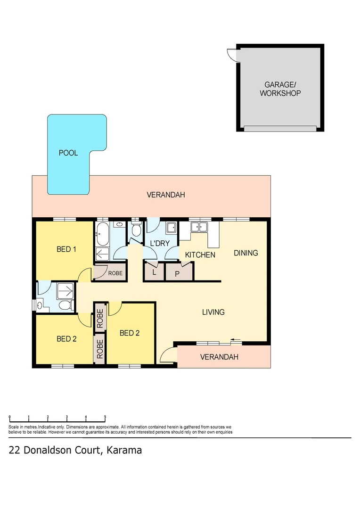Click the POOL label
pyautogui.click(x=68, y=153)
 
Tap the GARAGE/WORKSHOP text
pyautogui.click(x=280, y=89)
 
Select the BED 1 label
pyautogui.click(x=66, y=249)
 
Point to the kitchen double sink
pyautogui.click(x=199, y=227)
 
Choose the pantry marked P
pyautogui.click(x=177, y=273)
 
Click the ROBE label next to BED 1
pyautogui.click(x=115, y=273)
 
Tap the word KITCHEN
pyautogui.click(x=200, y=255)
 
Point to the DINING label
pyautogui.click(x=246, y=253)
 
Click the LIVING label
pyautogui.click(x=213, y=312)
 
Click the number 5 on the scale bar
pyautogui.click(x=105, y=417)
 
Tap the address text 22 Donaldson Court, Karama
pyautogui.click(x=75, y=450)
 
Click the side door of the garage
pyautogui.click(x=231, y=56)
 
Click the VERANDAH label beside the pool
pyautogui.click(x=165, y=195)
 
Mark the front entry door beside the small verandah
pyautogui.click(x=165, y=356)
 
